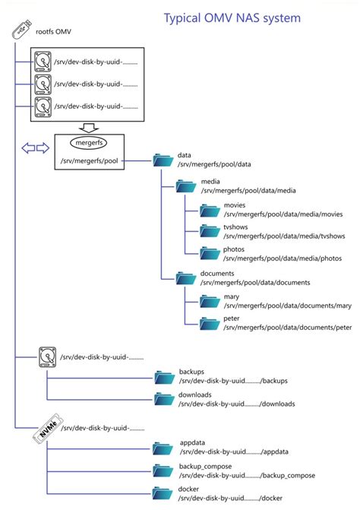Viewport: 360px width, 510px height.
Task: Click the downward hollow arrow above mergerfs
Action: (88, 127)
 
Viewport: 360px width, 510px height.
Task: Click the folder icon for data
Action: (163, 160)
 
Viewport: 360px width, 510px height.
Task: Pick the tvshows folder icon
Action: (210, 230)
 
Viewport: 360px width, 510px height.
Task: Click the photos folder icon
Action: (210, 252)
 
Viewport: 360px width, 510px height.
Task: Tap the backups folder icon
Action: (164, 375)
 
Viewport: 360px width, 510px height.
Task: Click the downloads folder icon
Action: (164, 399)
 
